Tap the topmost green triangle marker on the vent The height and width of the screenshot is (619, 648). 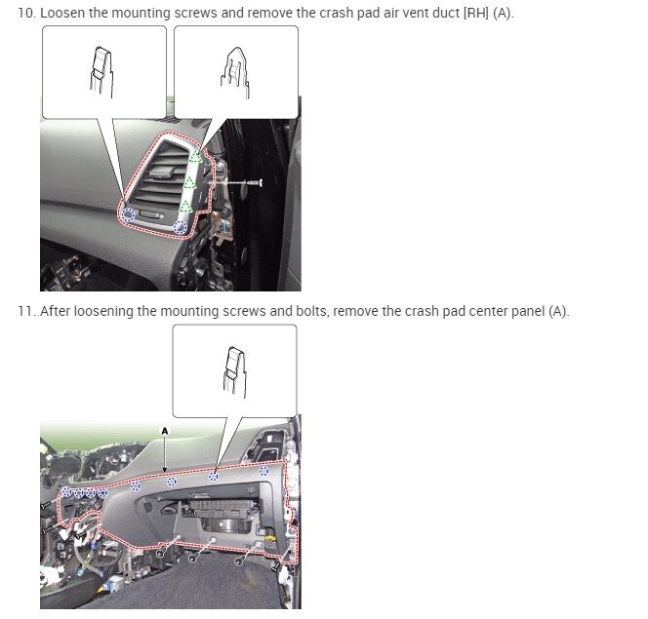point(195,156)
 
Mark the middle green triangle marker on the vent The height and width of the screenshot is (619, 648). point(189,182)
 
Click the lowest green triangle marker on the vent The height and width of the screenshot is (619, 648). point(185,206)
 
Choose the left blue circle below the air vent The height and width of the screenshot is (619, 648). point(128,214)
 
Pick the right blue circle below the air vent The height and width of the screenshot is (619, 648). point(179,226)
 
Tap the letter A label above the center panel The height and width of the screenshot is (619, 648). point(165,429)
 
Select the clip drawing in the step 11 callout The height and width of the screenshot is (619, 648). point(233,369)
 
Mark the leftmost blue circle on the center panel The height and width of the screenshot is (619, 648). point(65,493)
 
